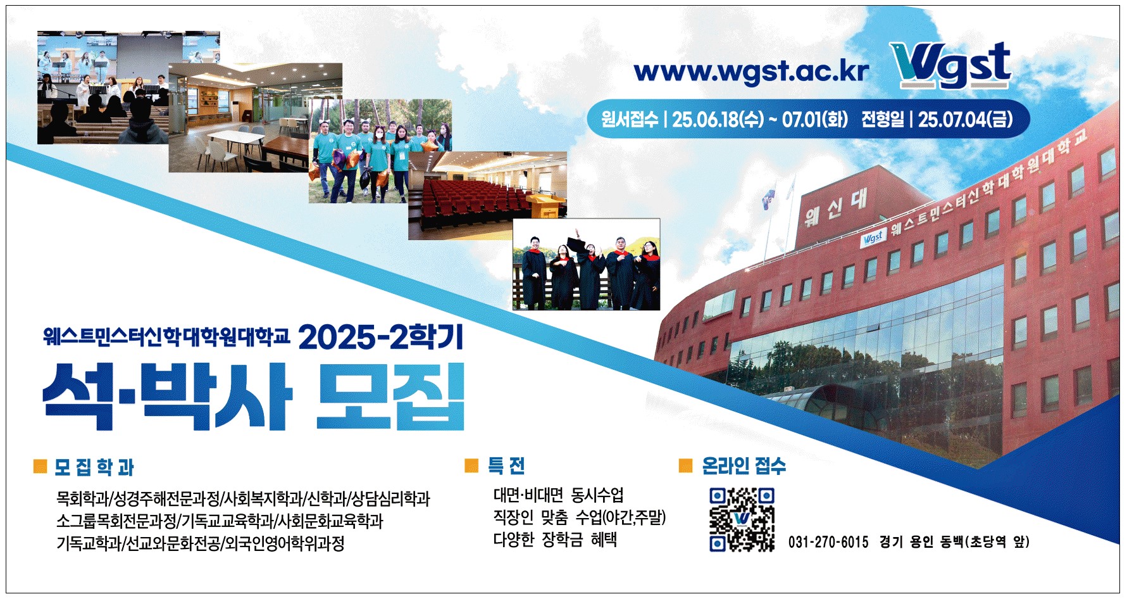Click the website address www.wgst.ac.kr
tap(751, 72)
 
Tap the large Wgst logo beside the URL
tap(952, 65)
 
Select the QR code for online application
tap(742, 519)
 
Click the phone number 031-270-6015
tap(828, 542)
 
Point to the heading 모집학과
tap(94, 467)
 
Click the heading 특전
tap(506, 466)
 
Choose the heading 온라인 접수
tap(744, 466)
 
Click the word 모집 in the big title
tap(390, 397)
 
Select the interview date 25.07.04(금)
tap(965, 119)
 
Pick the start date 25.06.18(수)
tap(718, 119)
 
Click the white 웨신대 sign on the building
tap(836, 206)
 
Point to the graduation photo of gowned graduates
tap(586, 264)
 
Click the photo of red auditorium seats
tap(487, 196)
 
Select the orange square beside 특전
tap(471, 466)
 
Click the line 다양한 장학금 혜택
tap(555, 540)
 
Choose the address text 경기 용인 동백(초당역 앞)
tap(954, 542)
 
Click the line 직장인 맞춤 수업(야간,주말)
tap(580, 517)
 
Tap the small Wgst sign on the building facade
tap(873, 238)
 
